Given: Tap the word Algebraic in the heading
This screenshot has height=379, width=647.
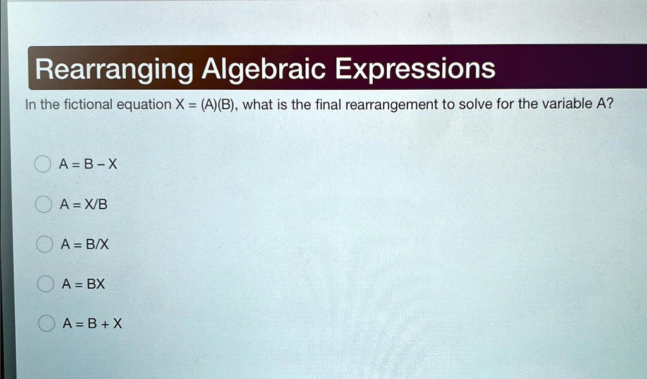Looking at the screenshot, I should (x=262, y=68).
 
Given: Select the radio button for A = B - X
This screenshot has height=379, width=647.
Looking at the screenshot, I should (x=43, y=165).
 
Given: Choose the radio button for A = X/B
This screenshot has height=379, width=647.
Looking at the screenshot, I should (x=43, y=205).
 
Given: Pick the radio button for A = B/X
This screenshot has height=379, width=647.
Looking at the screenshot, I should (x=43, y=245).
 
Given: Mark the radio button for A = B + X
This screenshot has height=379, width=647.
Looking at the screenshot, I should (x=44, y=325).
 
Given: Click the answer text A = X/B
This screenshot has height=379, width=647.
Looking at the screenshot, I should (x=78, y=205).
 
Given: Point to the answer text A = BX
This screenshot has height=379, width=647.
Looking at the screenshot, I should (x=83, y=285).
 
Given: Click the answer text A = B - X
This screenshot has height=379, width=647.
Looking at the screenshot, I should (x=88, y=165).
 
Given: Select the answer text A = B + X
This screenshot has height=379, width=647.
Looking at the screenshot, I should (x=92, y=325).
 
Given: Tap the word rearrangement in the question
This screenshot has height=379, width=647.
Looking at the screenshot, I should (x=389, y=105).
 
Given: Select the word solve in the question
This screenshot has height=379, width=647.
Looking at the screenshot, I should (x=475, y=105).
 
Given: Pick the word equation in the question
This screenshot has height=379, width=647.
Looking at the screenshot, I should (x=139, y=105).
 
